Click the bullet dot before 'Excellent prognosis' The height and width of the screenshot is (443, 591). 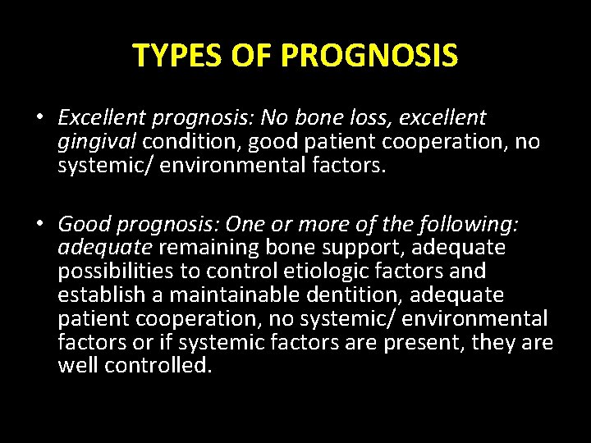39,119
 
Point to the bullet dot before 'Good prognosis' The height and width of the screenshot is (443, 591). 39,224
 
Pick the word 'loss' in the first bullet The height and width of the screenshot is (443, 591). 355,118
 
